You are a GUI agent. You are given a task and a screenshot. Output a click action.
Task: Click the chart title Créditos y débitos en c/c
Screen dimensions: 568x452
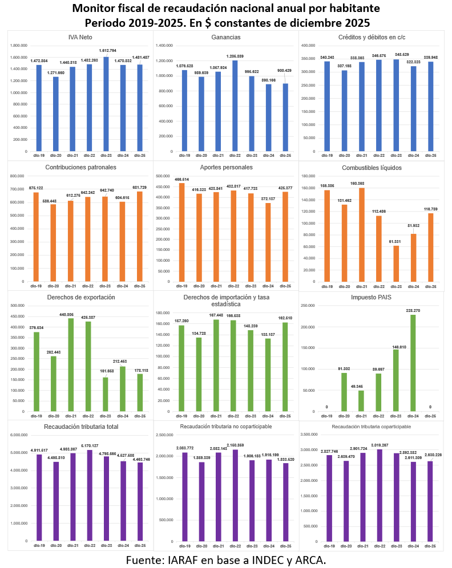[x=372, y=37]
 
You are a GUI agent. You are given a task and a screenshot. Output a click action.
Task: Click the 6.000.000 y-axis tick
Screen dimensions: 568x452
[x=19, y=435]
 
